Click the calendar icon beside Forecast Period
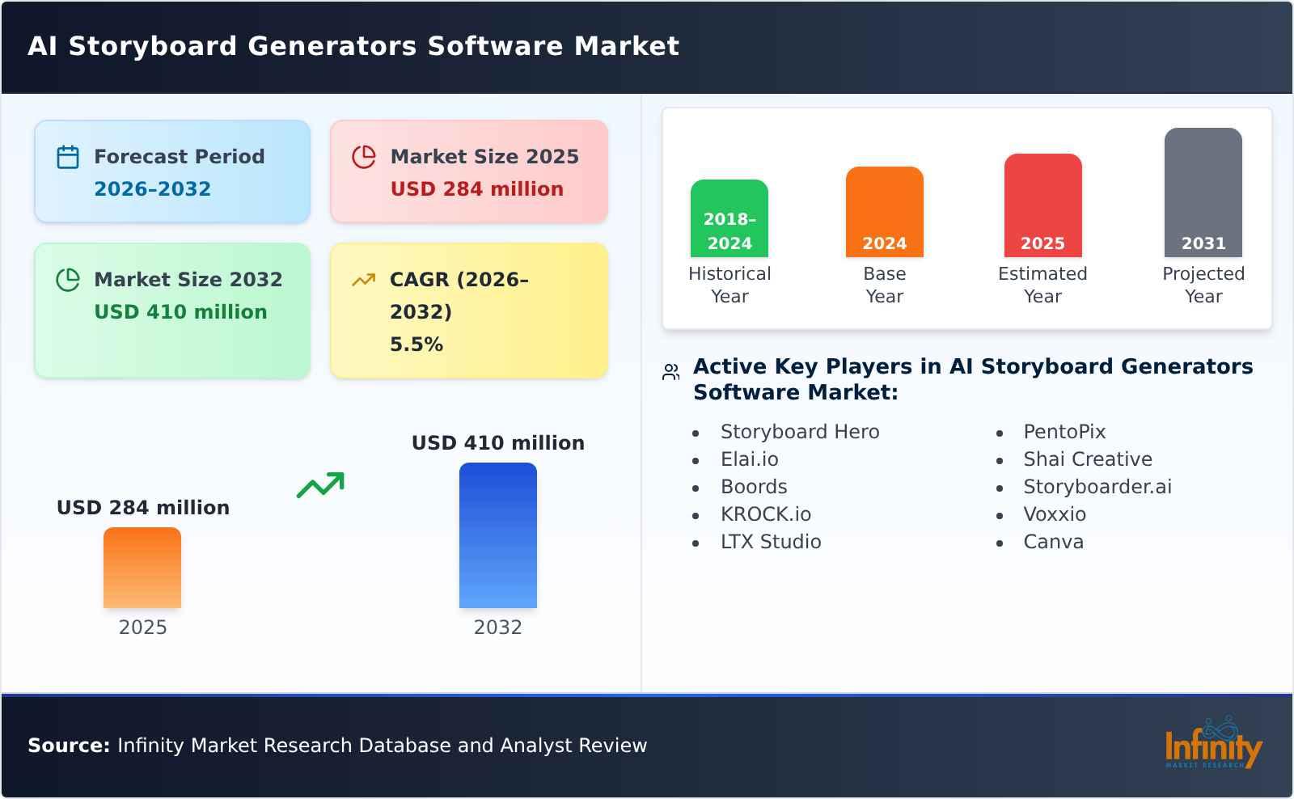coord(68,157)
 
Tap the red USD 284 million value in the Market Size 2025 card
coord(476,189)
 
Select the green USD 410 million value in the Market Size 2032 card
coord(180,312)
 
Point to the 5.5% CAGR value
coord(416,345)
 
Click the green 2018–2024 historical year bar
coord(729,218)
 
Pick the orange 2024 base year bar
coord(884,212)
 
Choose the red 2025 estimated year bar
coord(1042,205)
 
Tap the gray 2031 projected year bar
coord(1203,192)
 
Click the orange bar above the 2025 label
coord(142,568)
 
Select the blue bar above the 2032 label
coord(497,535)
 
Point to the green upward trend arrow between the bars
coord(320,485)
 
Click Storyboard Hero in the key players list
coord(799,432)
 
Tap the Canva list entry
coord(1053,542)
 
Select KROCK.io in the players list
coord(765,514)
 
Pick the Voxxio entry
coord(1054,514)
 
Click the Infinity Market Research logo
coord(1212,744)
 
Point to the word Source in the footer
coord(68,746)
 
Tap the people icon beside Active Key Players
coord(670,372)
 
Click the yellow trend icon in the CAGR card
coord(363,280)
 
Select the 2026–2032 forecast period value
coord(152,189)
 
